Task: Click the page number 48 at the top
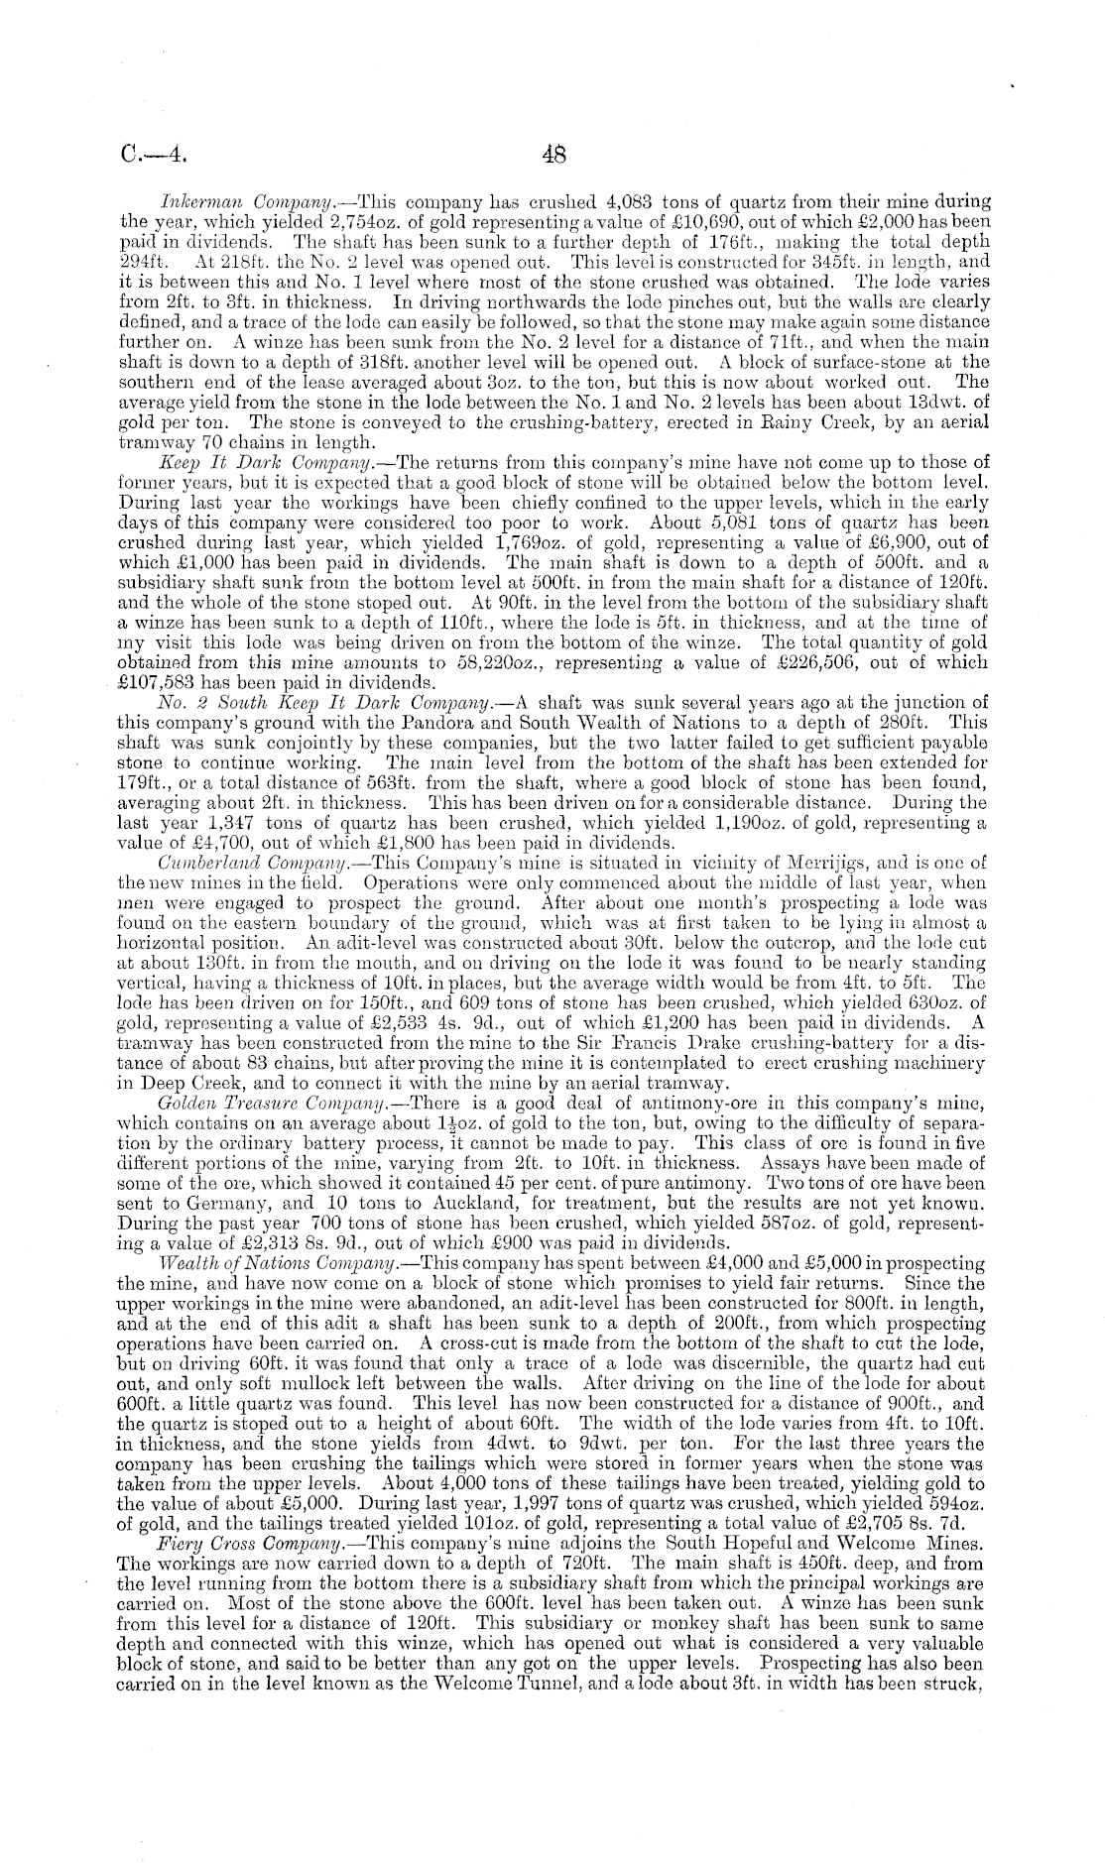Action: pos(552,155)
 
